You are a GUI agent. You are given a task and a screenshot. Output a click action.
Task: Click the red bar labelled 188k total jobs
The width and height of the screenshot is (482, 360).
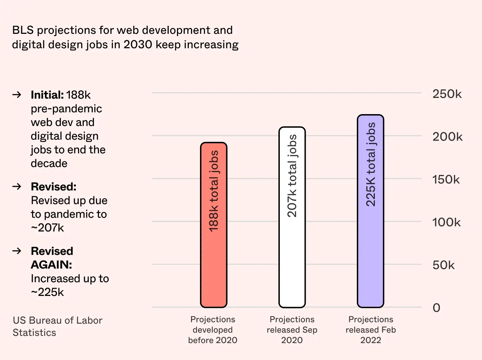[214, 225]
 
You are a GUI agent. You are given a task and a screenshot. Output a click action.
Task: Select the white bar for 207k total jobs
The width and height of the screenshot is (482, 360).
[292, 217]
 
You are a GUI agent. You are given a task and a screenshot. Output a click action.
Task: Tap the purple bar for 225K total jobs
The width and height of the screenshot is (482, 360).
[370, 211]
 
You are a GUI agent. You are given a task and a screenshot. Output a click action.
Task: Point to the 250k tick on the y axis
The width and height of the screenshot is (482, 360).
[447, 94]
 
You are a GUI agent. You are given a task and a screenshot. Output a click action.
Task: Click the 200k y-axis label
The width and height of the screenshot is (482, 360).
[447, 137]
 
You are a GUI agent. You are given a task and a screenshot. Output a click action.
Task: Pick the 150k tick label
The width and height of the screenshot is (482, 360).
[446, 180]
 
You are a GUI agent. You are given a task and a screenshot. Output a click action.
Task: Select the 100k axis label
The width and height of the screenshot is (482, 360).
[446, 222]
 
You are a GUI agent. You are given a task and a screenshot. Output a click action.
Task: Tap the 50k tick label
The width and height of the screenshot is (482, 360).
[443, 265]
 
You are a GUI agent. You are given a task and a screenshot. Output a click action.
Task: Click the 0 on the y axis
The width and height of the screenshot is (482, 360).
[436, 308]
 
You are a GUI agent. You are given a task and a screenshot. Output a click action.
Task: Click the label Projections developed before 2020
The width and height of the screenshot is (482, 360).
[213, 330]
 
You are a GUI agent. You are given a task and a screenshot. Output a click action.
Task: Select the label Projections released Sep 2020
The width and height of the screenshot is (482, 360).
[292, 330]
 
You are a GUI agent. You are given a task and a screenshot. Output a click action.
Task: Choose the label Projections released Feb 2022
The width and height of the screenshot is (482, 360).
[370, 330]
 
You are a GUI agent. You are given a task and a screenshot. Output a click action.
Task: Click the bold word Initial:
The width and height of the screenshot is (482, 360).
[47, 95]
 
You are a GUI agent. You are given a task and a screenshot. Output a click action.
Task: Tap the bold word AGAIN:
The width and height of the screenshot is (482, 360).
[51, 265]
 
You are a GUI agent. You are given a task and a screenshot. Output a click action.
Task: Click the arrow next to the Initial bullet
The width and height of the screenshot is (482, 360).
[17, 95]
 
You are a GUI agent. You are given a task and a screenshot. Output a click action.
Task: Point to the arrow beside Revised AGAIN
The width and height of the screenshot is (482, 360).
[17, 251]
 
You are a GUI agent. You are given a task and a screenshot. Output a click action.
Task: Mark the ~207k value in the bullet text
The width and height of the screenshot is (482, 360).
[47, 228]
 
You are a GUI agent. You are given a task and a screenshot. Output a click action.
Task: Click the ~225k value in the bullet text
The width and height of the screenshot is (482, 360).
[47, 292]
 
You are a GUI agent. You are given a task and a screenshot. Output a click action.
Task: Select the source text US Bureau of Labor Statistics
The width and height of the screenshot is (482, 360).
[58, 327]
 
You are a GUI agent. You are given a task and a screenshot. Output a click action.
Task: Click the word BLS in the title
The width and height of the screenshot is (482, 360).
[23, 30]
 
